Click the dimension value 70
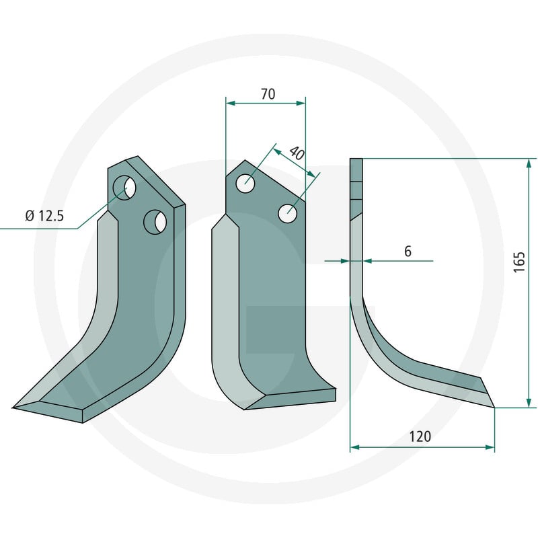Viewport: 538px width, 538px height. (268, 93)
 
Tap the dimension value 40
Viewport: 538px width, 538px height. (297, 153)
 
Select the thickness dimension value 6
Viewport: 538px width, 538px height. (408, 251)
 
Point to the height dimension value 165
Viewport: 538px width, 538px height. (519, 262)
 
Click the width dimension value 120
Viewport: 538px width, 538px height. (420, 436)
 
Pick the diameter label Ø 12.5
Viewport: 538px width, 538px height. (44, 216)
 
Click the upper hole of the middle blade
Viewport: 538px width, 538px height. (245, 183)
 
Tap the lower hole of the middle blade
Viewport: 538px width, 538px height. (288, 213)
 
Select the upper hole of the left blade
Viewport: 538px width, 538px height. (124, 187)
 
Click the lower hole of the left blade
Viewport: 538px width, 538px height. (155, 222)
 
